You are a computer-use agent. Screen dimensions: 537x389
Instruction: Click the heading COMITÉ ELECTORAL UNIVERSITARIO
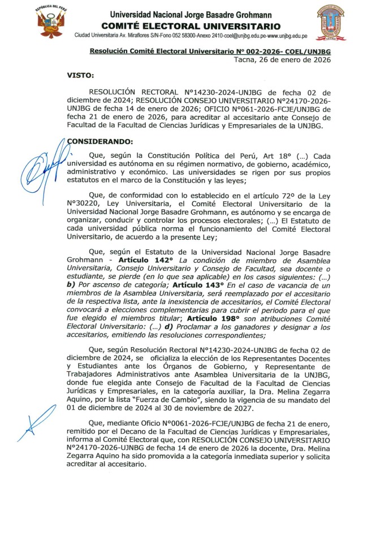click(x=191, y=26)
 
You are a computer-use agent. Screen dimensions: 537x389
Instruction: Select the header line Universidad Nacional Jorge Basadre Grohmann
click(x=191, y=15)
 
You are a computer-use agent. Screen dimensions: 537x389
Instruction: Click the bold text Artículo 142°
click(x=142, y=259)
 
